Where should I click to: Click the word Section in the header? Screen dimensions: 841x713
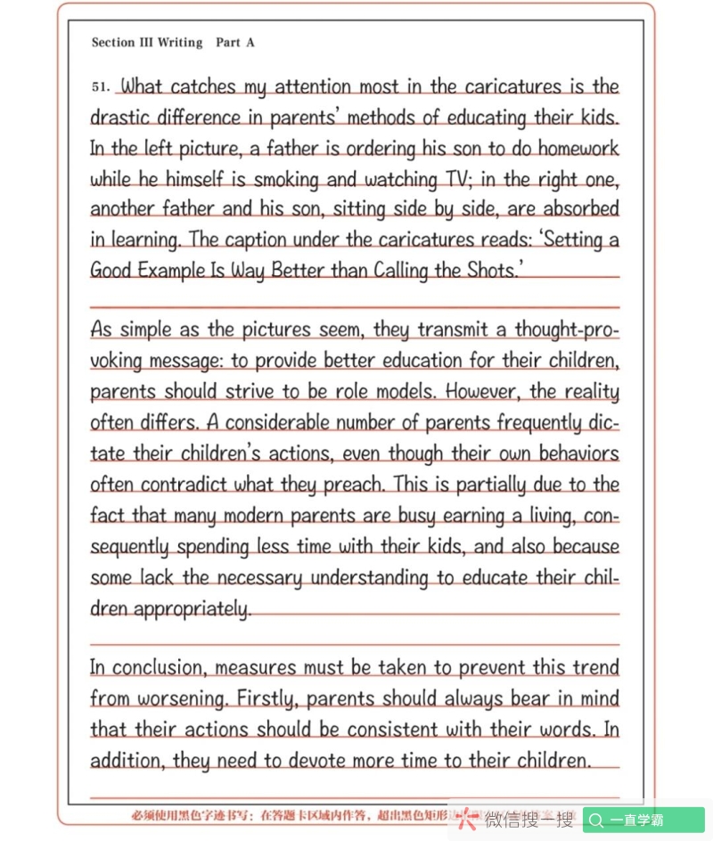coord(113,43)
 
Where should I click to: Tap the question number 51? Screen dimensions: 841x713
coord(101,87)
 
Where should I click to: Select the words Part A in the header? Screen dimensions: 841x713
coord(235,43)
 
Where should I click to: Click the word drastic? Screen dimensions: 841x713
coord(121,118)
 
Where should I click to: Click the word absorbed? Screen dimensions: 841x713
coord(581,209)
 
